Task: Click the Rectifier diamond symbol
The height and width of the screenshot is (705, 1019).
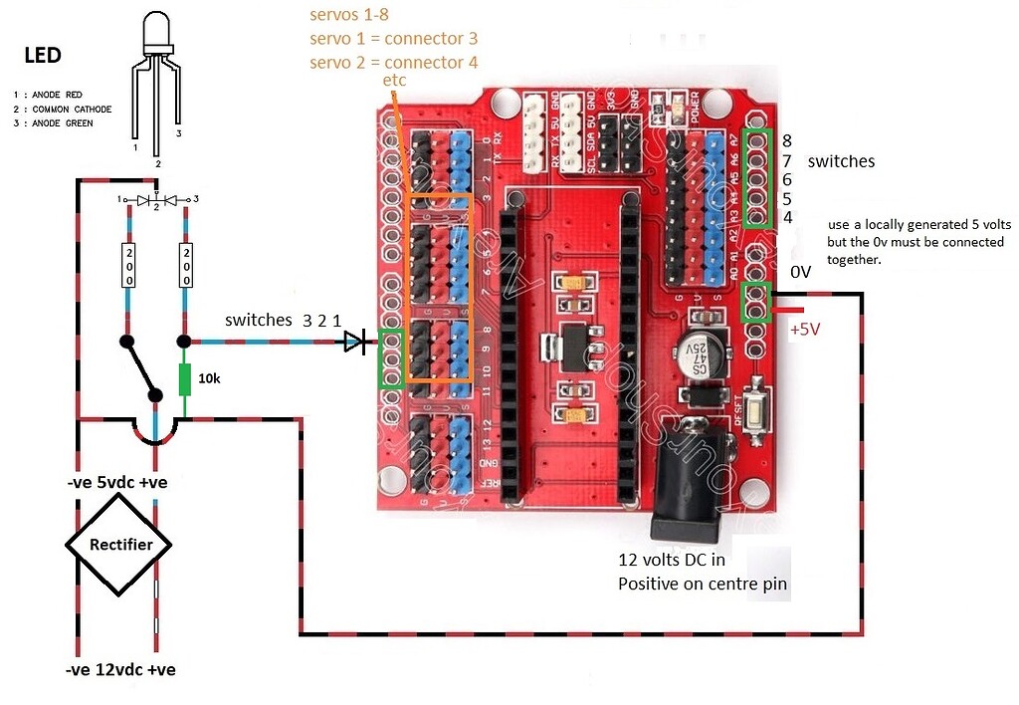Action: pyautogui.click(x=119, y=544)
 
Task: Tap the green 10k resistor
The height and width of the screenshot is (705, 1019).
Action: pyautogui.click(x=185, y=379)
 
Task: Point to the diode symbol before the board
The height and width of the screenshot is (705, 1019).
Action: pyautogui.click(x=354, y=343)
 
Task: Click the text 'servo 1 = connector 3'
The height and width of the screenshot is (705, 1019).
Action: pyautogui.click(x=393, y=39)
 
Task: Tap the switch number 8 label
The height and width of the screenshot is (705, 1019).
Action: pyautogui.click(x=786, y=141)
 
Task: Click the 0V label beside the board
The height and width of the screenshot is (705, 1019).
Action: pyautogui.click(x=801, y=272)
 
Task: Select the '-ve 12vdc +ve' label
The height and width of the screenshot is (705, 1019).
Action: pyautogui.click(x=121, y=669)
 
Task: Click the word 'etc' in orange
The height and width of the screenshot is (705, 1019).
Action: pyautogui.click(x=394, y=80)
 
